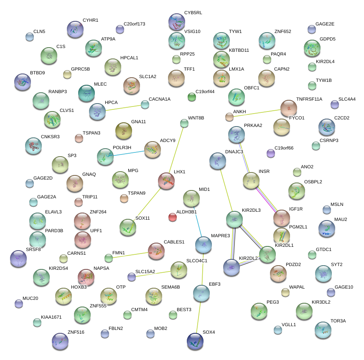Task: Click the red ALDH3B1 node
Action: point(173,217)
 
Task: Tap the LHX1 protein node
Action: point(166,180)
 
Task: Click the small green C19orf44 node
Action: point(192,97)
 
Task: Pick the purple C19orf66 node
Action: point(271,153)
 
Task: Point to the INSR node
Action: point(251,180)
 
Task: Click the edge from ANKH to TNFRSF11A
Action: point(255,113)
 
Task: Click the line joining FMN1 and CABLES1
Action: point(130,254)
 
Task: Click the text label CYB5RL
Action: point(193,13)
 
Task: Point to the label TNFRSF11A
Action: point(310,99)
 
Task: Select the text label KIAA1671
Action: point(51,317)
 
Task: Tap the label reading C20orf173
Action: point(134,24)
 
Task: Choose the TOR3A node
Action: point(323,330)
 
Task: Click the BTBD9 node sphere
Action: point(23,82)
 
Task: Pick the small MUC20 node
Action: point(19,303)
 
